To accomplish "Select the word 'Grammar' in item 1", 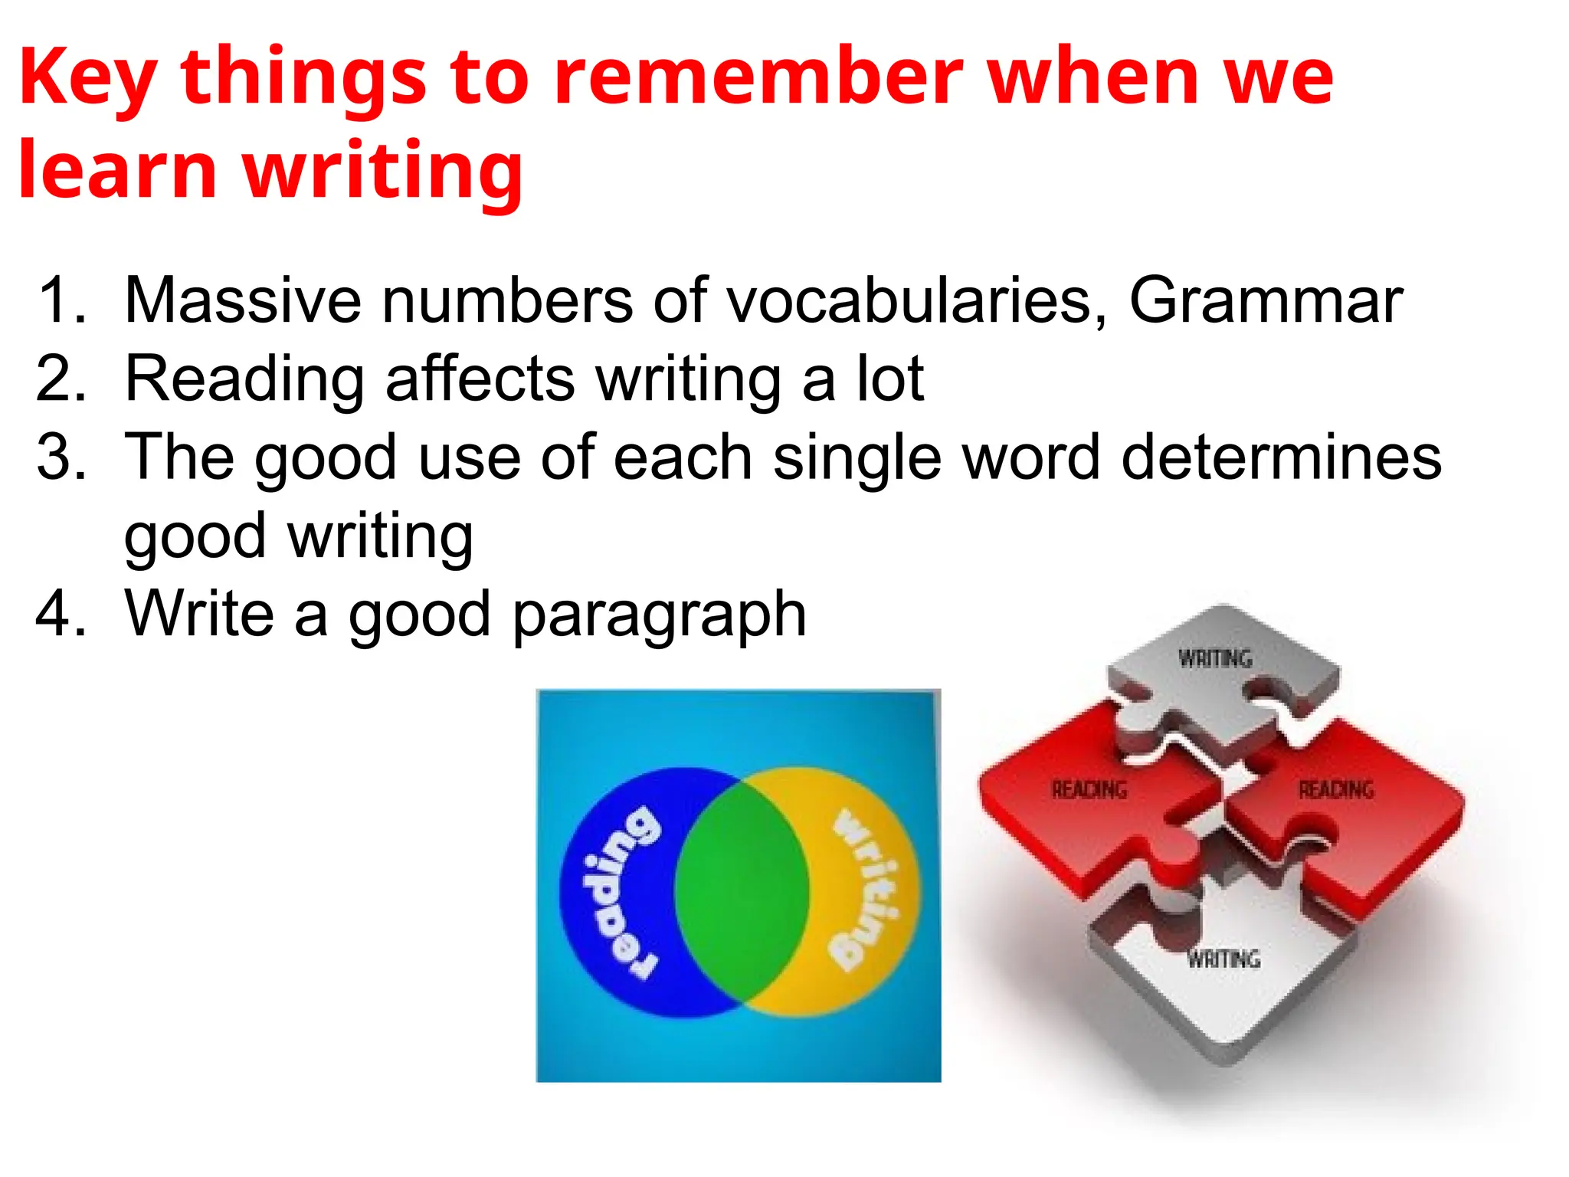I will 1266,300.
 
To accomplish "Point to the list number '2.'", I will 61,379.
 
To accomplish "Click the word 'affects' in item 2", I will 480,379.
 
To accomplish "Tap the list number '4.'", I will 61,613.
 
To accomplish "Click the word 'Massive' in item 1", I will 242,300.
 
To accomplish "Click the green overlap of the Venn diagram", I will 742,889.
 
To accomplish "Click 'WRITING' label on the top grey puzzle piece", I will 1215,658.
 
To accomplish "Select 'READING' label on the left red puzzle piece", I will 1089,789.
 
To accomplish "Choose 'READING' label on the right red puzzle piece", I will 1335,789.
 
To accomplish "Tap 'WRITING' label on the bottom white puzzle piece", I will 1223,959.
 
